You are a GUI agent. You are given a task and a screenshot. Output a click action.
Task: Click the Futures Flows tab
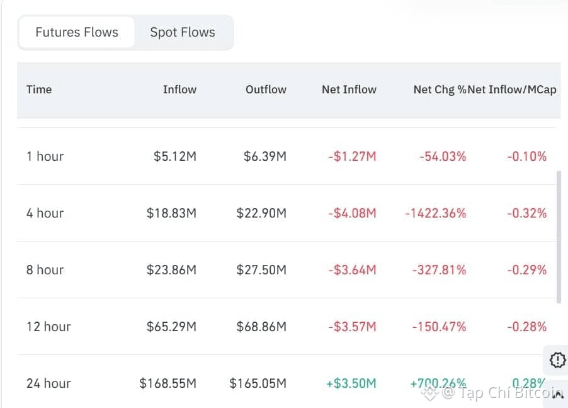77,32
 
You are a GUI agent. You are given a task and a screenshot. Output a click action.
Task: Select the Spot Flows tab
183,32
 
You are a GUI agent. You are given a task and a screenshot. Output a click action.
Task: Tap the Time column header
39,90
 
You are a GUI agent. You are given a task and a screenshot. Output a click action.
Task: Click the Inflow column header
179,90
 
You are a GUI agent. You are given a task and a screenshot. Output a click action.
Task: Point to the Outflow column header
266,90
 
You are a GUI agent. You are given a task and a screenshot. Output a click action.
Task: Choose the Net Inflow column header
349,90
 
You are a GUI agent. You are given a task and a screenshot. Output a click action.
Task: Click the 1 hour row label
45,156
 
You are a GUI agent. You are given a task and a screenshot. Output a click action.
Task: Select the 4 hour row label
45,213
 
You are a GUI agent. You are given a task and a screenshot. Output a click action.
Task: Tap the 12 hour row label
48,327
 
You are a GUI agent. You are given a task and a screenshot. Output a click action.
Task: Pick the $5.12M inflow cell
175,156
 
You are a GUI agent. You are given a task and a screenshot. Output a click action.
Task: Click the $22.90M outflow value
261,213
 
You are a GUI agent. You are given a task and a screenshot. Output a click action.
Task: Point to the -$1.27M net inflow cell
352,156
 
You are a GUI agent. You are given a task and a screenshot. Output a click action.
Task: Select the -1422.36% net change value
436,213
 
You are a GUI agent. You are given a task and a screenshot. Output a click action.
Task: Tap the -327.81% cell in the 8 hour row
440,270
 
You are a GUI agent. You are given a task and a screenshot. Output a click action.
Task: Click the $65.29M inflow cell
171,327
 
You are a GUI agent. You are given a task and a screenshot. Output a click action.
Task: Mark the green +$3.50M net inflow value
351,383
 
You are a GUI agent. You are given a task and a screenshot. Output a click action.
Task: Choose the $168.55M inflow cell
168,383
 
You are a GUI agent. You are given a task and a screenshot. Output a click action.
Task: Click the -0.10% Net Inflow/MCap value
527,156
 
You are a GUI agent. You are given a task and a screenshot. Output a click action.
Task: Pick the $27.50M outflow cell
261,270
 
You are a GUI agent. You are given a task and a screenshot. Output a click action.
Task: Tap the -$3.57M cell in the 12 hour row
352,327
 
